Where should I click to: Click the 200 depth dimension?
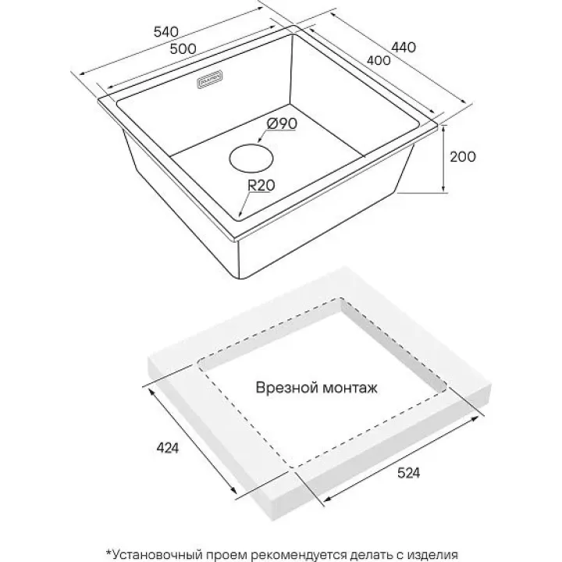[x=464, y=156]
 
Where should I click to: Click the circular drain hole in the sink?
[x=251, y=158]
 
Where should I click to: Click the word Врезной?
[x=283, y=387]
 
